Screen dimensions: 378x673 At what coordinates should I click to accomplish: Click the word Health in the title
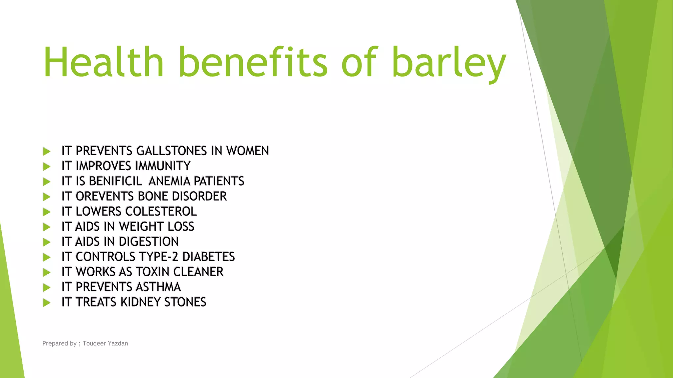coord(103,62)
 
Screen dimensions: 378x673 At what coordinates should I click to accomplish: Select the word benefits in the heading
coord(253,62)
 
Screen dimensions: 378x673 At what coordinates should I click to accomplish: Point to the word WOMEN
coord(247,151)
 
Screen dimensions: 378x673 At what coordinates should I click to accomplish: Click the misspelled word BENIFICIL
coord(115,181)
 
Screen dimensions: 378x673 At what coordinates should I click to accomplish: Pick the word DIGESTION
coord(149,241)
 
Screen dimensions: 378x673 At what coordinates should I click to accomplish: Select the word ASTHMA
coord(158,287)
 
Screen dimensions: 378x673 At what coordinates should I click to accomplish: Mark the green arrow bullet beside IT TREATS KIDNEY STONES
coord(47,302)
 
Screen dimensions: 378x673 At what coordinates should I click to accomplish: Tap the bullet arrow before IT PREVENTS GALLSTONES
coord(47,151)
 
